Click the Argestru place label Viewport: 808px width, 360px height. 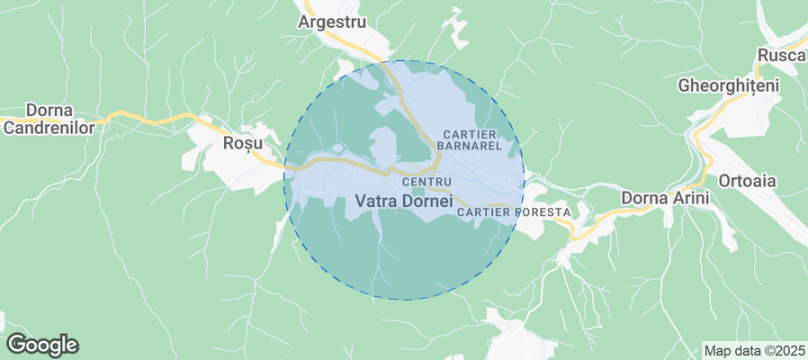click(332, 21)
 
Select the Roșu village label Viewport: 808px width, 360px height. click(242, 143)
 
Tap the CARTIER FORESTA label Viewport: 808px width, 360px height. click(514, 212)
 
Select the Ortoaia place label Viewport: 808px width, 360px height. click(746, 180)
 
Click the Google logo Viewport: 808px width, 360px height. click(41, 344)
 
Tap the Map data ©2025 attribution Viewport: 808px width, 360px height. click(754, 350)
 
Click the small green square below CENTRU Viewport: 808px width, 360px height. click(417, 191)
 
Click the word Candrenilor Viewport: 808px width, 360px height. click(49, 127)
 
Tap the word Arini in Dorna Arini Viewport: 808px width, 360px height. click(689, 197)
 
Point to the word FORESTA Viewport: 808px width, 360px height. click(541, 212)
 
